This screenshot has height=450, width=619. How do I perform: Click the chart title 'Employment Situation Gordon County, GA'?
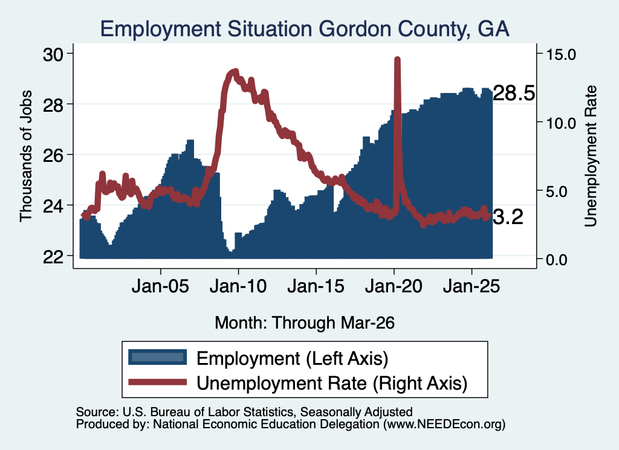pos(305,29)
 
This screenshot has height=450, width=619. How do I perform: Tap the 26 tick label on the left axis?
pos(53,155)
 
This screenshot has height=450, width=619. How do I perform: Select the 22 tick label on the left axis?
pos(53,257)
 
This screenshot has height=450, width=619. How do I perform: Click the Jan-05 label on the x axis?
pos(160,286)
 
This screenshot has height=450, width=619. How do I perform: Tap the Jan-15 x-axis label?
pos(316,286)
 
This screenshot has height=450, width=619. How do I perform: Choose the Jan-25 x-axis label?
pos(472,286)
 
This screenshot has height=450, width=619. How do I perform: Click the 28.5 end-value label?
pos(514,94)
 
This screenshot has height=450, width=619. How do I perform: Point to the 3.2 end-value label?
pos(508,217)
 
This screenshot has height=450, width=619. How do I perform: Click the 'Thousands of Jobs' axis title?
pos(25,156)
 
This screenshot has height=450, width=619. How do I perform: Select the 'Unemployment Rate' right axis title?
pos(591,156)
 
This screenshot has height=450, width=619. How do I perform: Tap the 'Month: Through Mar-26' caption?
pos(305,323)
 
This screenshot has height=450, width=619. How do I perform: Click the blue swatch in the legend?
pos(158,357)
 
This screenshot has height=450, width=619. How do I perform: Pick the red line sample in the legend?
pos(158,382)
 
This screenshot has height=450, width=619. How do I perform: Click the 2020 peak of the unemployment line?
pos(398,59)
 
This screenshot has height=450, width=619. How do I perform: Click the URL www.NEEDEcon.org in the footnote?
pos(444,425)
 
